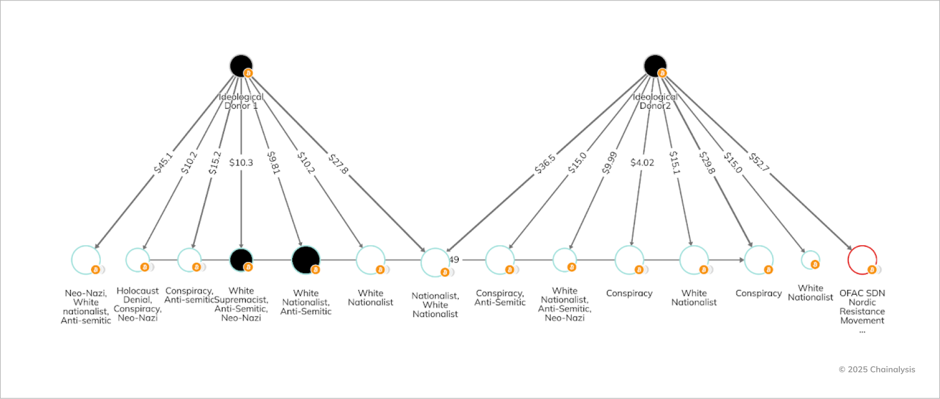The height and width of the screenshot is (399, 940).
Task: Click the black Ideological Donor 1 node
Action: [x=241, y=66]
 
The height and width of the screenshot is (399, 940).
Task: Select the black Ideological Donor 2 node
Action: [x=655, y=66]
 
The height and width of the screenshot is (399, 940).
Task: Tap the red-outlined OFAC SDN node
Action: [x=862, y=259]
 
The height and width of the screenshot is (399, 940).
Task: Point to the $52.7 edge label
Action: [x=759, y=162]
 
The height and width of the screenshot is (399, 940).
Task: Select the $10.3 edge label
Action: [x=241, y=163]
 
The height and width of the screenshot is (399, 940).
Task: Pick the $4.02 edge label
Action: [x=642, y=163]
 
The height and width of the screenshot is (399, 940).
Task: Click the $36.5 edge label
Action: [x=545, y=164]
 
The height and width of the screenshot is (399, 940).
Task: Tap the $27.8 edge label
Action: [x=338, y=164]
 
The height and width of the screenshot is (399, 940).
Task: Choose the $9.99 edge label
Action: [x=610, y=163]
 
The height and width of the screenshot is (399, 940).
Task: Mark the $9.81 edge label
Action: [x=274, y=163]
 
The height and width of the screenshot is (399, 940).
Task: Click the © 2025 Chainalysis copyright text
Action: [x=876, y=370]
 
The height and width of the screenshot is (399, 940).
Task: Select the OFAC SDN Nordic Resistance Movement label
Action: [x=862, y=307]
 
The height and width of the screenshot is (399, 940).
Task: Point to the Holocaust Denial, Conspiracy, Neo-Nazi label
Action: [x=138, y=305]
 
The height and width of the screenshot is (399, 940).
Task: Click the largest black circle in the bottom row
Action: [x=305, y=260]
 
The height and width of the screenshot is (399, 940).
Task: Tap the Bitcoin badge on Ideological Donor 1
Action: [x=248, y=73]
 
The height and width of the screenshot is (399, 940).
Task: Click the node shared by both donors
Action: [x=435, y=262]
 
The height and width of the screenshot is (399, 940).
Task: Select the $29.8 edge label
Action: [x=707, y=163]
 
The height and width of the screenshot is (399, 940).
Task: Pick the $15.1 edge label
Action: [x=675, y=163]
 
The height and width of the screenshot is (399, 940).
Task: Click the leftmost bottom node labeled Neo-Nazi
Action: [x=86, y=260]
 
